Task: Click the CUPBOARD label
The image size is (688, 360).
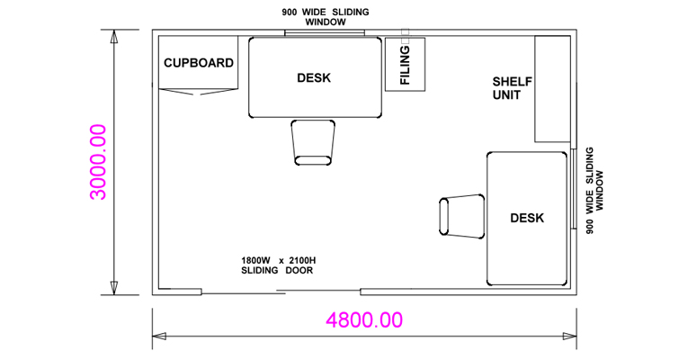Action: (199, 63)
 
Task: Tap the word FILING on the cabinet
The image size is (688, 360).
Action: (405, 65)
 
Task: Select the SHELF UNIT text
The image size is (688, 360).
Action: (512, 88)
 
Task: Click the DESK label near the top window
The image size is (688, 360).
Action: (314, 78)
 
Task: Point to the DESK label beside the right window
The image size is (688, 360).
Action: (527, 218)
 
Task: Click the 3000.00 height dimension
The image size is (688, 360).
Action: (98, 162)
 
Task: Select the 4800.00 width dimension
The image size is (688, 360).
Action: (364, 320)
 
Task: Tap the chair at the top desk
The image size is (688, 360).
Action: (313, 143)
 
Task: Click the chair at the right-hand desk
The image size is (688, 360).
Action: (462, 216)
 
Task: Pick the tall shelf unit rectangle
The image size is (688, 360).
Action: (552, 89)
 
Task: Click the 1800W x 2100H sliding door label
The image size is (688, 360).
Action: (278, 265)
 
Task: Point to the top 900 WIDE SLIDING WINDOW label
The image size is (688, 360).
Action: (326, 17)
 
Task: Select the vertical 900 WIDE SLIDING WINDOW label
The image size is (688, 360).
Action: (594, 190)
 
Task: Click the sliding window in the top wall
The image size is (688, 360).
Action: (325, 32)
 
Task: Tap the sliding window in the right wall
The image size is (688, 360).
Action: (574, 189)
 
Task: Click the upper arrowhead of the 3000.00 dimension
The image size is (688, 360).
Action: (114, 36)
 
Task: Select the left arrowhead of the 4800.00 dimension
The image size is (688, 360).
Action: (159, 337)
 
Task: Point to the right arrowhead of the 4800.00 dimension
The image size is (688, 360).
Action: (569, 337)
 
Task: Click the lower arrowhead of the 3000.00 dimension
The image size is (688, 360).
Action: (114, 288)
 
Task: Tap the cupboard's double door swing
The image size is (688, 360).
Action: (199, 91)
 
